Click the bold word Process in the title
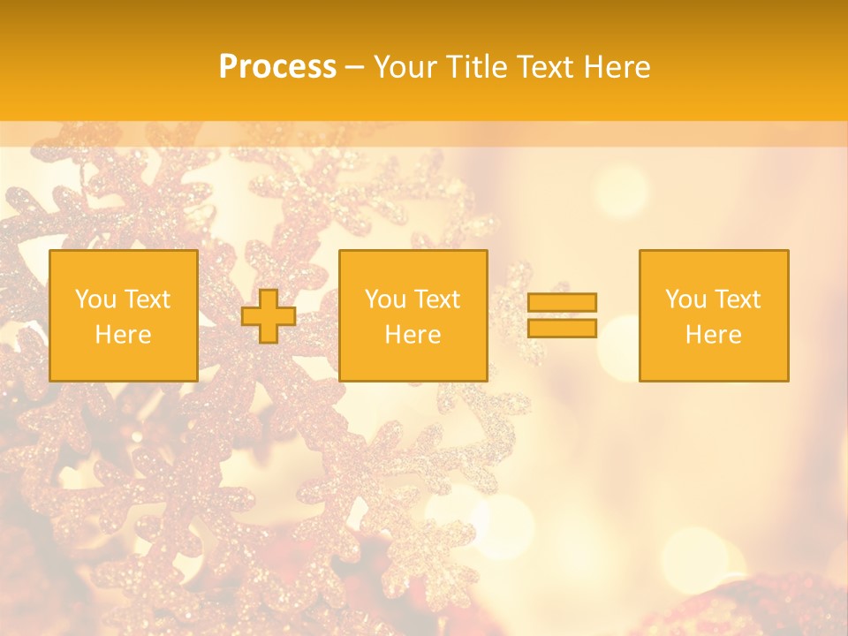277,67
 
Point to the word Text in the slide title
546,67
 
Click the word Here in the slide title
617,67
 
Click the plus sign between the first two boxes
269,316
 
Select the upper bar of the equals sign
562,302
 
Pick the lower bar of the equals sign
562,329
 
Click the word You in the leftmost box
95,299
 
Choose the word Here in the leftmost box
123,335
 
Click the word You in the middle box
385,299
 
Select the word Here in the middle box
413,335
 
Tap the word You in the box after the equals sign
685,299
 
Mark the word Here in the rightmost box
713,335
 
